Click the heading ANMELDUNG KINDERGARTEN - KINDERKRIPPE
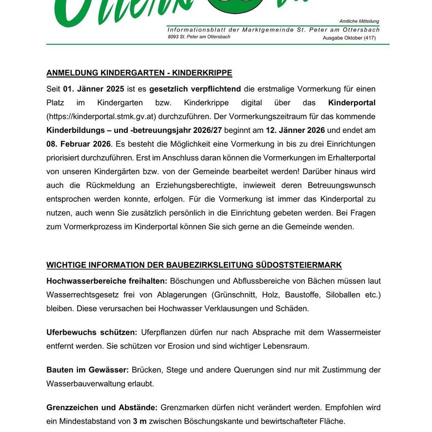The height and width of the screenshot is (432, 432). pyautogui.click(x=139, y=73)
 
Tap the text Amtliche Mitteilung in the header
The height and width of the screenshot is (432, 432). pyautogui.click(x=359, y=21)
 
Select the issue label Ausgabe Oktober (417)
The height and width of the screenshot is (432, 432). pyautogui.click(x=349, y=38)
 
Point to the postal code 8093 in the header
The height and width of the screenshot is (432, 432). pyautogui.click(x=173, y=37)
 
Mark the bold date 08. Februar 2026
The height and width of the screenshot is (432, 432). pyautogui.click(x=79, y=144)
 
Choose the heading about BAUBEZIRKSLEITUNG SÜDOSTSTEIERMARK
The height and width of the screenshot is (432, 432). pyautogui.click(x=194, y=265)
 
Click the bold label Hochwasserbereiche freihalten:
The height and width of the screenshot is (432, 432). pyautogui.click(x=107, y=281)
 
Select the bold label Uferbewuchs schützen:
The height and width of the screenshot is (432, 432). pyautogui.click(x=92, y=333)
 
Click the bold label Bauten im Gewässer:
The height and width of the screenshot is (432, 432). pyautogui.click(x=87, y=370)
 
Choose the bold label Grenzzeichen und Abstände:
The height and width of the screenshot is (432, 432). pyautogui.click(x=102, y=408)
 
